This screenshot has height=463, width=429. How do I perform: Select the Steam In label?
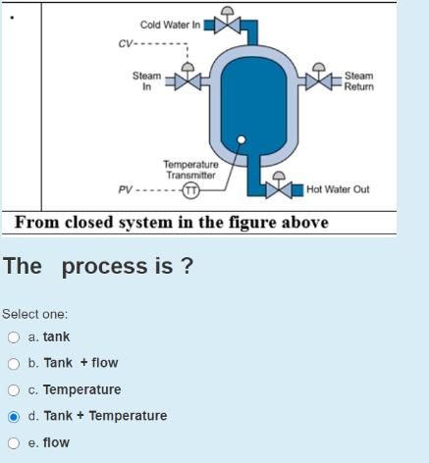pos(147,81)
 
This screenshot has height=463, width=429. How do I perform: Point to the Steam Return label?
pos(358,81)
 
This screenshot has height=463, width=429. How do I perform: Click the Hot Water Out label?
pos(338,189)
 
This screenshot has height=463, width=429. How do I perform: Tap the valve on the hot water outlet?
pos(280,190)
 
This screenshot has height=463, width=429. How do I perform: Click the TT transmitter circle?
pos(192,189)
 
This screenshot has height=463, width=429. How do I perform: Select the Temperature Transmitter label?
pos(189,170)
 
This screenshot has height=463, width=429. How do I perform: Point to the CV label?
pos(125,43)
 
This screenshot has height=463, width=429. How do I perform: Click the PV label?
pos(125,189)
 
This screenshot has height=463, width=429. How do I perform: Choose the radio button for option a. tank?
pos(13,337)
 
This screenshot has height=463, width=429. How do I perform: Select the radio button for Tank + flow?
pos(13,364)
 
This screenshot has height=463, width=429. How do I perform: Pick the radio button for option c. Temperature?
pos(13,390)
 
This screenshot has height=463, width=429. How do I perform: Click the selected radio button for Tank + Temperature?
pos(13,417)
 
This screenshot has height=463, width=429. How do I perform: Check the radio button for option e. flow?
pos(13,443)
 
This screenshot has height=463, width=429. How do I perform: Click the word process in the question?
pos(105,266)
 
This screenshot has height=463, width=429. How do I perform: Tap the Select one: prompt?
pos(34,314)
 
